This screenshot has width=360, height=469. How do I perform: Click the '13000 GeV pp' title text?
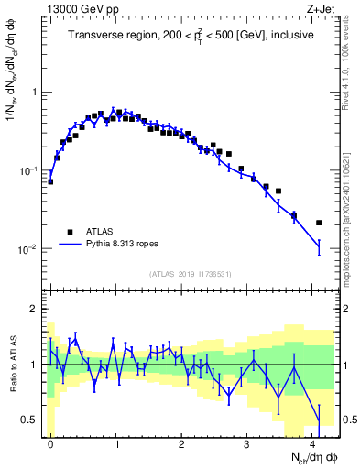click(78, 8)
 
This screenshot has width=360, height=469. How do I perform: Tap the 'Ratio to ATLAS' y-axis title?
click(12, 365)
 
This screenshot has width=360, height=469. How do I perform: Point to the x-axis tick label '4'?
click(311, 441)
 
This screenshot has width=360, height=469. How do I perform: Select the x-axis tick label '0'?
click(50, 441)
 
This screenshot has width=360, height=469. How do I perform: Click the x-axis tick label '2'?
click(181, 441)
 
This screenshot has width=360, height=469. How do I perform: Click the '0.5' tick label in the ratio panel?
click(29, 420)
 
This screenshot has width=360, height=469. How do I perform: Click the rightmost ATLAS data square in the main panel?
click(319, 223)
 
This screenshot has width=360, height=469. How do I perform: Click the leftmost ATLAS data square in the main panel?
click(50, 181)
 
